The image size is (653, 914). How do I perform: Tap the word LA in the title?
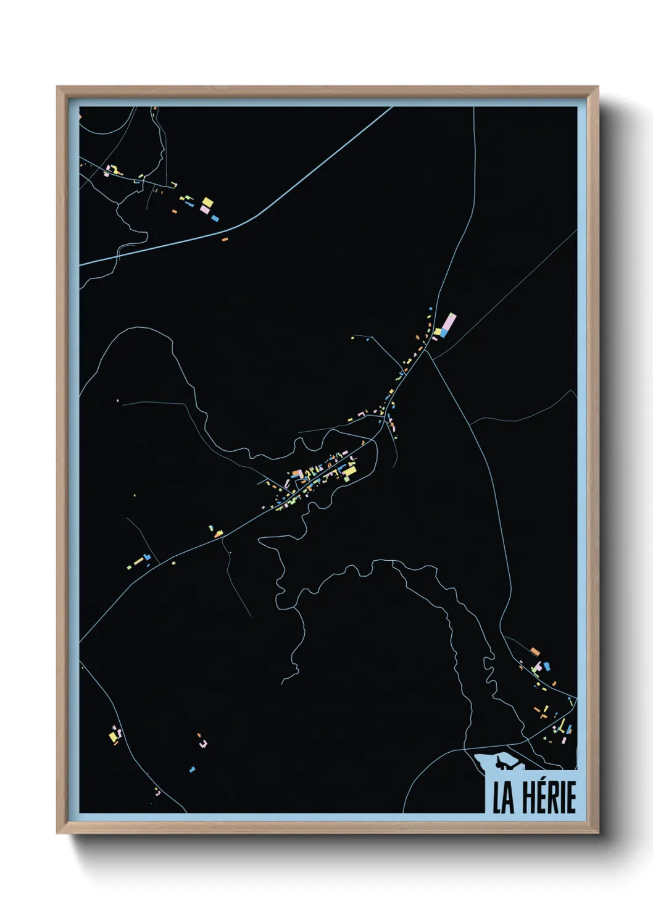tap(503, 797)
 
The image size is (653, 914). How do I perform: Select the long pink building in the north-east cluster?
tap(449, 322)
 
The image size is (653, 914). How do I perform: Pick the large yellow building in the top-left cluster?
tap(207, 202)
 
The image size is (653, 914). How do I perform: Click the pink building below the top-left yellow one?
tap(205, 211)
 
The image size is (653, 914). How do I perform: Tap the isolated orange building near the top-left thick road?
tap(225, 238)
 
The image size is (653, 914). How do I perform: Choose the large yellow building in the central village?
tap(349, 472)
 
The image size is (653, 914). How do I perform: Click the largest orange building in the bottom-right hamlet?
tap(535, 651)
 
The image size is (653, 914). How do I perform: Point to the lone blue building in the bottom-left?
tap(192, 769)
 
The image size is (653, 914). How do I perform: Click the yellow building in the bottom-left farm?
tap(113, 736)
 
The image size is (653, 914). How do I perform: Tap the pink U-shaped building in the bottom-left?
tap(203, 744)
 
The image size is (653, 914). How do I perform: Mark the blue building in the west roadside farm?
tap(147, 557)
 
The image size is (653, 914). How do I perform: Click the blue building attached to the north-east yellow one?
tap(443, 333)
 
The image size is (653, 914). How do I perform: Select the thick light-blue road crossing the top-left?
tap(247, 220)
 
